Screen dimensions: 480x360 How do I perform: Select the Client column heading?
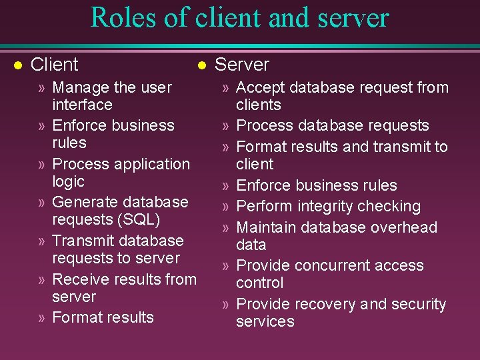coord(55,65)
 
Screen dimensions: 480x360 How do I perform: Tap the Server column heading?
coord(242,65)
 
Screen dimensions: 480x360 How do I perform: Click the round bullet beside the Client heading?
coord(18,65)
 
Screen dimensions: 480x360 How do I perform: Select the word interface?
coord(82,105)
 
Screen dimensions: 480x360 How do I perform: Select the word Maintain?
coord(265,227)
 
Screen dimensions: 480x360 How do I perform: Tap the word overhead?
coord(405,227)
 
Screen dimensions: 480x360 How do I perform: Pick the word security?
coord(419,304)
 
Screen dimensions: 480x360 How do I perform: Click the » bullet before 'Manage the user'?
coord(42,88)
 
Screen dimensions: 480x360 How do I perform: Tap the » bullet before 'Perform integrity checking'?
coord(226,207)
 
